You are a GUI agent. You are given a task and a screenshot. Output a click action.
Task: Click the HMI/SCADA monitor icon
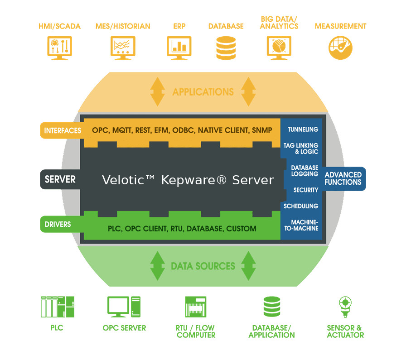tap(59, 48)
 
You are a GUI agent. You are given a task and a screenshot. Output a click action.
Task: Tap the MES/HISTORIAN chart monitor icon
tap(123, 48)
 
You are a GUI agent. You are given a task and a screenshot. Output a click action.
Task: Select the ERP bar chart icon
tap(179, 48)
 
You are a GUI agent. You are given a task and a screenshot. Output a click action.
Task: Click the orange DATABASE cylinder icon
tap(226, 48)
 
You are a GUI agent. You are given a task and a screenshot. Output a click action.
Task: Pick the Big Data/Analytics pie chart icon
tap(279, 48)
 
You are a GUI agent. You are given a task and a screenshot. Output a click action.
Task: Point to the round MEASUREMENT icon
tap(340, 48)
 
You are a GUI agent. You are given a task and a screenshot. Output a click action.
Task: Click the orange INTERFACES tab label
tap(63, 130)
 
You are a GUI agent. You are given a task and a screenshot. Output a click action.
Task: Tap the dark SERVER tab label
tap(60, 179)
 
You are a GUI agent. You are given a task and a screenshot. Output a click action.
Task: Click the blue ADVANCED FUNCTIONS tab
tap(343, 178)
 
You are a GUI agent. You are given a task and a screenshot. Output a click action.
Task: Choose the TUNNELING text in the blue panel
tap(303, 130)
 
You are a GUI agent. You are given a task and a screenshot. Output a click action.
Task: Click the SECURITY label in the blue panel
tap(306, 190)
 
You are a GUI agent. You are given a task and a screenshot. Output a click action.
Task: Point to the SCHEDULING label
tap(301, 206)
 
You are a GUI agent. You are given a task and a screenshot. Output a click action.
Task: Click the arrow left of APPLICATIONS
tap(157, 91)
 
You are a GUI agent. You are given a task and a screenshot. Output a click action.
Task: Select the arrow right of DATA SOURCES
tap(249, 266)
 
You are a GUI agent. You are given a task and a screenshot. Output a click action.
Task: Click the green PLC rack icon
tap(58, 307)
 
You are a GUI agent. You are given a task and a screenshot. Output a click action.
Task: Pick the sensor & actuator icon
tap(345, 307)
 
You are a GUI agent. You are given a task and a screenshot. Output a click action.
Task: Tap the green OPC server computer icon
tap(124, 307)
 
